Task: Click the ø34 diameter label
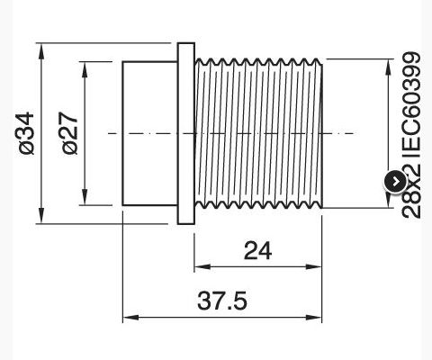coord(26,133)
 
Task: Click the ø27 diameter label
coord(70,133)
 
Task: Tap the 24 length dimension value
coord(257,251)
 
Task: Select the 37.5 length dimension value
coord(222,301)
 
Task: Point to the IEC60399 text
coord(411,104)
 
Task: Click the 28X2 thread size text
coord(411,192)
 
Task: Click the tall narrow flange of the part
coord(186,133)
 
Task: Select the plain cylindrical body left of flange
coord(149,133)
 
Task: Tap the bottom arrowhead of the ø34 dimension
coord(41,216)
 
